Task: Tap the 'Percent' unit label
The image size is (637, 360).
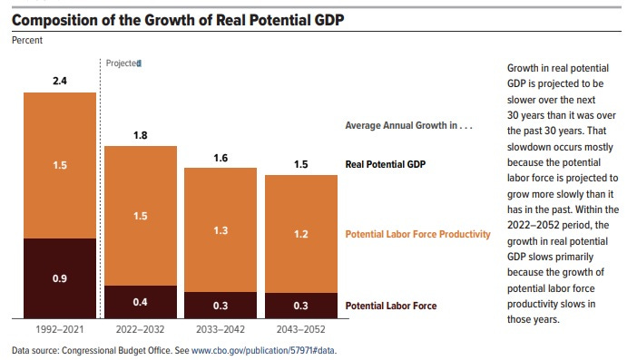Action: pyautogui.click(x=27, y=40)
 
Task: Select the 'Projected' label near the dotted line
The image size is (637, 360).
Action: pyautogui.click(x=122, y=63)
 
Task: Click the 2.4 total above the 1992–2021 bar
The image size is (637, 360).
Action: pyautogui.click(x=60, y=81)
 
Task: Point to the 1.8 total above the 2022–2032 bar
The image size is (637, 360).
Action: pyautogui.click(x=140, y=134)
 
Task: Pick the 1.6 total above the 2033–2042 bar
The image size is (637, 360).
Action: pyautogui.click(x=220, y=157)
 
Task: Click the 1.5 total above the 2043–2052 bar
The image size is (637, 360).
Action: pyautogui.click(x=300, y=164)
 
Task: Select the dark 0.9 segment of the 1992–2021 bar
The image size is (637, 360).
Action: pyautogui.click(x=60, y=277)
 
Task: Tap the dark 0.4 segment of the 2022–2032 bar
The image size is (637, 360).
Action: pyautogui.click(x=140, y=301)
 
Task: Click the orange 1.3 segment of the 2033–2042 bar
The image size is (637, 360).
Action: pyautogui.click(x=220, y=230)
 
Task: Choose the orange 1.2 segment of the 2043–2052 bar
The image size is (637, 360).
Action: pyautogui.click(x=300, y=234)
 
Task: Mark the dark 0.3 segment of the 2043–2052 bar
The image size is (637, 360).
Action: pyautogui.click(x=300, y=306)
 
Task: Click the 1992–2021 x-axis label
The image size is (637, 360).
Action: pyautogui.click(x=60, y=330)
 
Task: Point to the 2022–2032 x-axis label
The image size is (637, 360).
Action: pyautogui.click(x=140, y=330)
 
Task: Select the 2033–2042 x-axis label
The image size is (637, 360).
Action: pyautogui.click(x=220, y=330)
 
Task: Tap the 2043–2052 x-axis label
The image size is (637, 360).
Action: pyautogui.click(x=300, y=330)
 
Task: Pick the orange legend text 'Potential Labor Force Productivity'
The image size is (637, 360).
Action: pyautogui.click(x=417, y=234)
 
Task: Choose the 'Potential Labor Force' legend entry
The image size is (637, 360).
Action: pyautogui.click(x=391, y=306)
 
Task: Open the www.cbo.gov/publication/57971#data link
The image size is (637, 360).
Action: pyautogui.click(x=268, y=350)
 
